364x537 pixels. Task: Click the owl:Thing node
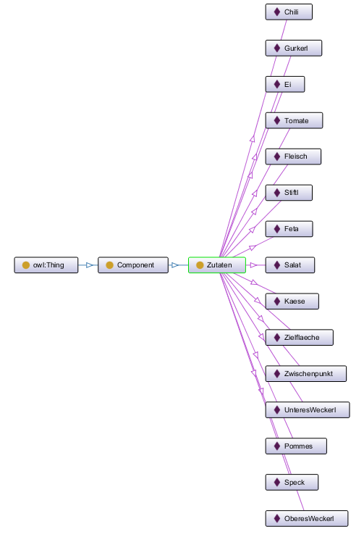click(x=46, y=265)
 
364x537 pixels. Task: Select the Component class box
click(x=133, y=265)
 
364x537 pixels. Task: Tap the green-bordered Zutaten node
click(x=217, y=265)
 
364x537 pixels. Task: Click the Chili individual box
click(x=289, y=12)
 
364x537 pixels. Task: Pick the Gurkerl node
click(x=294, y=48)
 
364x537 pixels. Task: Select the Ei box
click(x=285, y=84)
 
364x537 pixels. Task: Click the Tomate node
click(x=294, y=120)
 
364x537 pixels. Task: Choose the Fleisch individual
click(x=293, y=157)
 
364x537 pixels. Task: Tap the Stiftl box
click(x=289, y=193)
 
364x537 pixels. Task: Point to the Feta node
click(x=289, y=229)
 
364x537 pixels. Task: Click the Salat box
click(x=290, y=265)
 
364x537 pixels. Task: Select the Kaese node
click(x=292, y=301)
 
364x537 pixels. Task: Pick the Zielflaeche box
click(x=300, y=337)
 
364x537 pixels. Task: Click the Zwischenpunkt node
click(x=306, y=374)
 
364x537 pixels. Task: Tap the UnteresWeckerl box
click(x=308, y=410)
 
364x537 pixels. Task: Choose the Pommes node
click(x=296, y=446)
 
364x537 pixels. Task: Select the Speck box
click(x=292, y=482)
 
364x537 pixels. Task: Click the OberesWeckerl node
click(x=307, y=518)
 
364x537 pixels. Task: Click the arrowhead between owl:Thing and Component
click(x=90, y=265)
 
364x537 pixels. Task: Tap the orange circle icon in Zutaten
click(x=200, y=265)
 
